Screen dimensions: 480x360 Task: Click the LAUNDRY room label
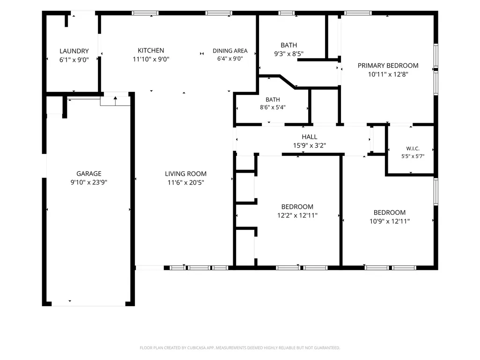[x=74, y=51]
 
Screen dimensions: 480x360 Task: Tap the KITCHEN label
[x=151, y=51]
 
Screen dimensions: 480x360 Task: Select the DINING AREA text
[x=230, y=51]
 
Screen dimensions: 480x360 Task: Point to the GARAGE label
[x=89, y=174]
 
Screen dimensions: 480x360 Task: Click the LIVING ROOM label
[x=186, y=174]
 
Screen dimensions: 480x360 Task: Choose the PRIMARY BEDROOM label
[x=388, y=66]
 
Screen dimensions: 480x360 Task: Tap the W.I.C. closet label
[x=413, y=148]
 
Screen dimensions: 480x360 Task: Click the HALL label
[x=310, y=137]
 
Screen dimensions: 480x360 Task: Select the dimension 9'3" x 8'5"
[x=288, y=54]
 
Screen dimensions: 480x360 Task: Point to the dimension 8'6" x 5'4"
[x=273, y=108]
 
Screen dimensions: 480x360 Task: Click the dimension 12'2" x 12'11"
[x=297, y=215]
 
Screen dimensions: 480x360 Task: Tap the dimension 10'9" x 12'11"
[x=390, y=221]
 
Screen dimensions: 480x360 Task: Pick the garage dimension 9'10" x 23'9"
[x=89, y=183]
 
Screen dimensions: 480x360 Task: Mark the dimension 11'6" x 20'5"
[x=186, y=183]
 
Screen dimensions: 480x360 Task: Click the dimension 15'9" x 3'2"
[x=310, y=146]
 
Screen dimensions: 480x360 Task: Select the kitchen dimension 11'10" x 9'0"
[x=151, y=59]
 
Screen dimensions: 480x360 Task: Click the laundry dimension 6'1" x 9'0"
[x=74, y=60]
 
